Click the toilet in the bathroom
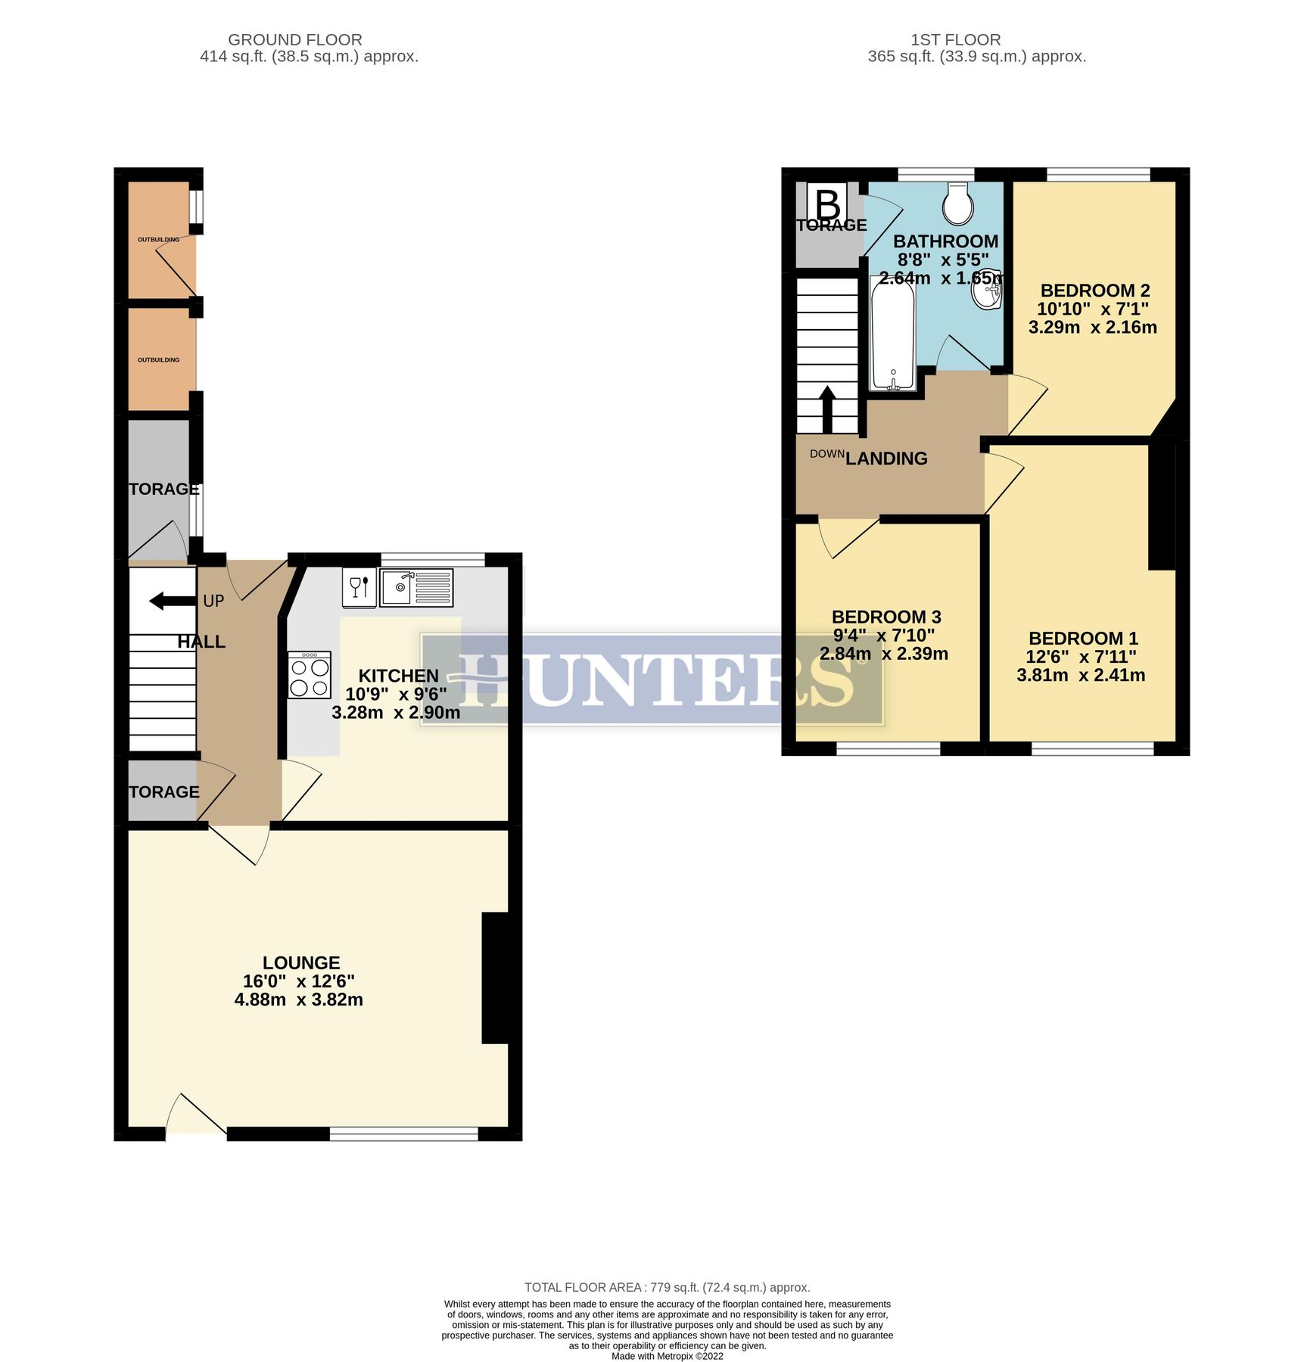(958, 203)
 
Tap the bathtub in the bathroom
(893, 334)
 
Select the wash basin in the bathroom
(988, 291)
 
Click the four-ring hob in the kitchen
(310, 674)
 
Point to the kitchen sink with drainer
(416, 588)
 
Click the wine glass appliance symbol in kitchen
(359, 587)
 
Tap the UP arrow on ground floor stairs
(172, 602)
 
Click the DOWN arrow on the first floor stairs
(827, 409)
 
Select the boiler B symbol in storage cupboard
(828, 204)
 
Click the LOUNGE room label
(301, 962)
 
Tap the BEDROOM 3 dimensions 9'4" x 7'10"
(884, 635)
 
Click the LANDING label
(886, 459)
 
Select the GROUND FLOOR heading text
(295, 39)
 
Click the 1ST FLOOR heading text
(955, 39)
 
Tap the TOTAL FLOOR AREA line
(667, 1287)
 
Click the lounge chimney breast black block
(495, 978)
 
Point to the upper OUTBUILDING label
(159, 240)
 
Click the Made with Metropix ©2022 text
(667, 1356)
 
